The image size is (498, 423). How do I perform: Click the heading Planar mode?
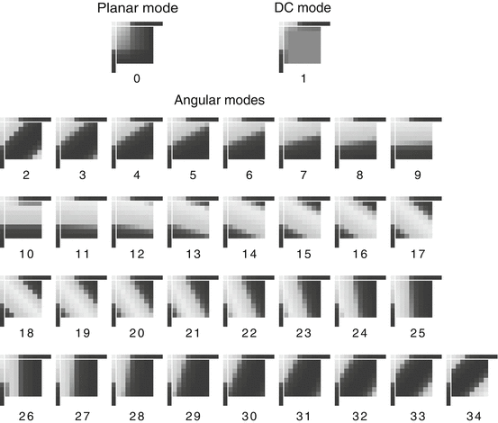click(x=136, y=10)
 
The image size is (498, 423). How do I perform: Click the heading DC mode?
click(x=303, y=10)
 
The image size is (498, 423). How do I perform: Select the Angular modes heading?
click(x=219, y=101)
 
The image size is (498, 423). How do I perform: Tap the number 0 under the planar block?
click(x=136, y=78)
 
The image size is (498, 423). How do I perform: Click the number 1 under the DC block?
click(x=303, y=78)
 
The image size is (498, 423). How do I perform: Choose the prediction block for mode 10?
click(x=27, y=220)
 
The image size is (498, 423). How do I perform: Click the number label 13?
click(x=194, y=254)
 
